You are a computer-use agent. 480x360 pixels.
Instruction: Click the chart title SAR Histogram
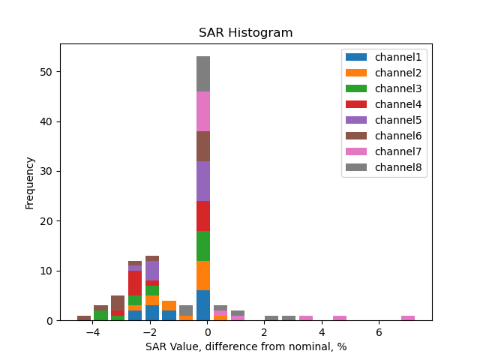[x=245, y=33]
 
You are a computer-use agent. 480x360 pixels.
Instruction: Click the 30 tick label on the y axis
[x=49, y=172]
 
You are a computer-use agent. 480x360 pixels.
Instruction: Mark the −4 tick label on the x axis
[x=93, y=332]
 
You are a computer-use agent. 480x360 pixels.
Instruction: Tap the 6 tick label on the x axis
[x=379, y=332]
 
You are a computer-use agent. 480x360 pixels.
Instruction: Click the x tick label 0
[x=208, y=332]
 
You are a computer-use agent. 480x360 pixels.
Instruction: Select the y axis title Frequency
[x=30, y=182]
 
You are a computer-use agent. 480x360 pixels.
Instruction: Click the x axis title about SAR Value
[x=245, y=347]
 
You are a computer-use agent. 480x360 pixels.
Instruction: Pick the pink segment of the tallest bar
[x=203, y=111]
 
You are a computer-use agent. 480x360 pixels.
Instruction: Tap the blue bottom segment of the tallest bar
[x=203, y=305]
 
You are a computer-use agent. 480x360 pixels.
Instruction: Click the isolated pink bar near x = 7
[x=408, y=318]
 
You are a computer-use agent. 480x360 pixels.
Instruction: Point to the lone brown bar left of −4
[x=84, y=318]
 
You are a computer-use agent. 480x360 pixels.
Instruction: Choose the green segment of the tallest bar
[x=203, y=245]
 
